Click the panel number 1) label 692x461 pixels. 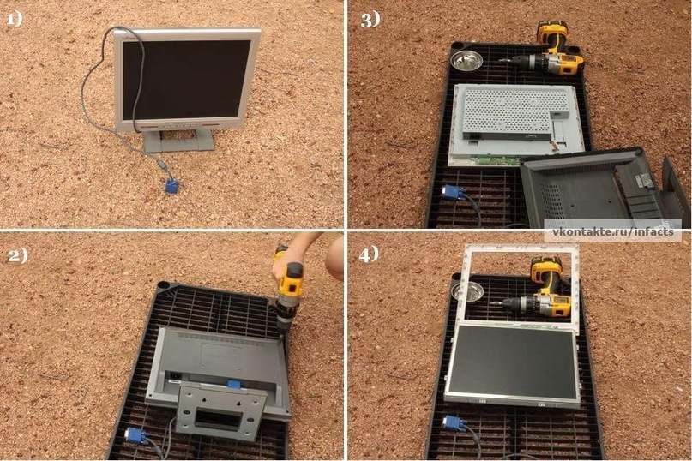point(15,19)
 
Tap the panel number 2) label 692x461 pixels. point(18,255)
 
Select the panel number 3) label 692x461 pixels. point(370,20)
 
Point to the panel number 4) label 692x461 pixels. point(369,254)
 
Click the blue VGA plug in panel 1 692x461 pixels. point(171,186)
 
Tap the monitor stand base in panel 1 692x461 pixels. point(179,140)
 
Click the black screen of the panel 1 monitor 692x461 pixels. point(186,80)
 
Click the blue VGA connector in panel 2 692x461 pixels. point(137,436)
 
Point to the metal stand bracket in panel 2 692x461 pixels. point(221,410)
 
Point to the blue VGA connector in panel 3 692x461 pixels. point(454,193)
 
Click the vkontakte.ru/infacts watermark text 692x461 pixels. point(613,232)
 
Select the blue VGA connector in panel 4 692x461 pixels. point(454,424)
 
